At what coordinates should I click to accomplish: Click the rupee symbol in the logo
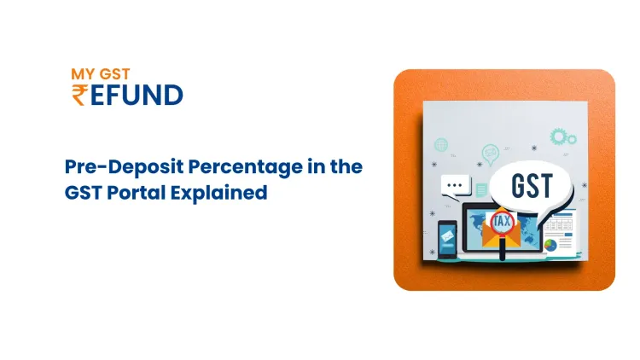79,95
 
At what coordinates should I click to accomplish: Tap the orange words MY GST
101,74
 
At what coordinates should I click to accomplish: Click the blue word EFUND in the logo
137,95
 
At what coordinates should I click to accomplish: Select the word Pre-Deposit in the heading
124,167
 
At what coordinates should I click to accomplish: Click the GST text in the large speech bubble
532,186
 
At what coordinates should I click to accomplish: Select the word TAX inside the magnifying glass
501,222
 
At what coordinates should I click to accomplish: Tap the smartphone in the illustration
447,239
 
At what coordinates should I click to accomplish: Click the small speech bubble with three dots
455,187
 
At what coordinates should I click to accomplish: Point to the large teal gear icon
557,136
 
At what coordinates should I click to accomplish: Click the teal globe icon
441,144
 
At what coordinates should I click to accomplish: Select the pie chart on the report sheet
550,246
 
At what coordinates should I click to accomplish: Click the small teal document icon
481,189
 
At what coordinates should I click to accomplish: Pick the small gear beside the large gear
572,140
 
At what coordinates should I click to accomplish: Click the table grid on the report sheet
558,224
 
